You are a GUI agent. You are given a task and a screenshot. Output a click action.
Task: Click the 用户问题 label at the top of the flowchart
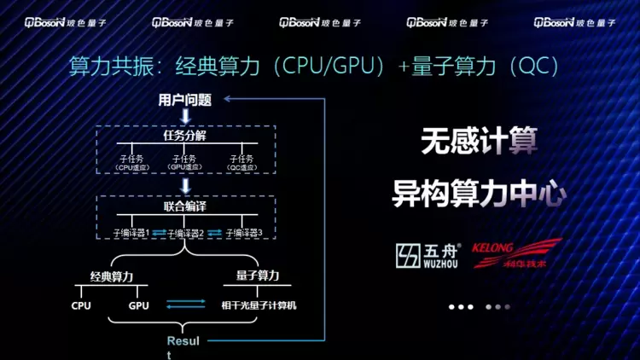184,101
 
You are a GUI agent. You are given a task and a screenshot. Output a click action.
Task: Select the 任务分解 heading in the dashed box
184,136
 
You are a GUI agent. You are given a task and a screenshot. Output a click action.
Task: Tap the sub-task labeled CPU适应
131,162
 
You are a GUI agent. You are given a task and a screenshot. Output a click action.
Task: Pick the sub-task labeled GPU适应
184,162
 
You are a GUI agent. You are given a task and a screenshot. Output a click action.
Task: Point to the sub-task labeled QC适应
242,162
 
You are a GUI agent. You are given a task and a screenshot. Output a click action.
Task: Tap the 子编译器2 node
185,232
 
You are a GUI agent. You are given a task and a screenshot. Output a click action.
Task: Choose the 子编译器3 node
243,232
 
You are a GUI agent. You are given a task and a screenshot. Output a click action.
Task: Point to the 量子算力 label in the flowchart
258,276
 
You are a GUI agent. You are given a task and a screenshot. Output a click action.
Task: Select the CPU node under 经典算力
81,305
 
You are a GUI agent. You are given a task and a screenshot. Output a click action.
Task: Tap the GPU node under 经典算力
138,305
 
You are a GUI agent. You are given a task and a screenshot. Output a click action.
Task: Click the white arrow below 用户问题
184,115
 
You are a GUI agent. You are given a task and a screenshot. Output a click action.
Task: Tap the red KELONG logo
517,253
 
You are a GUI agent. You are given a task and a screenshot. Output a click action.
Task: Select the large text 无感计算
479,142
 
